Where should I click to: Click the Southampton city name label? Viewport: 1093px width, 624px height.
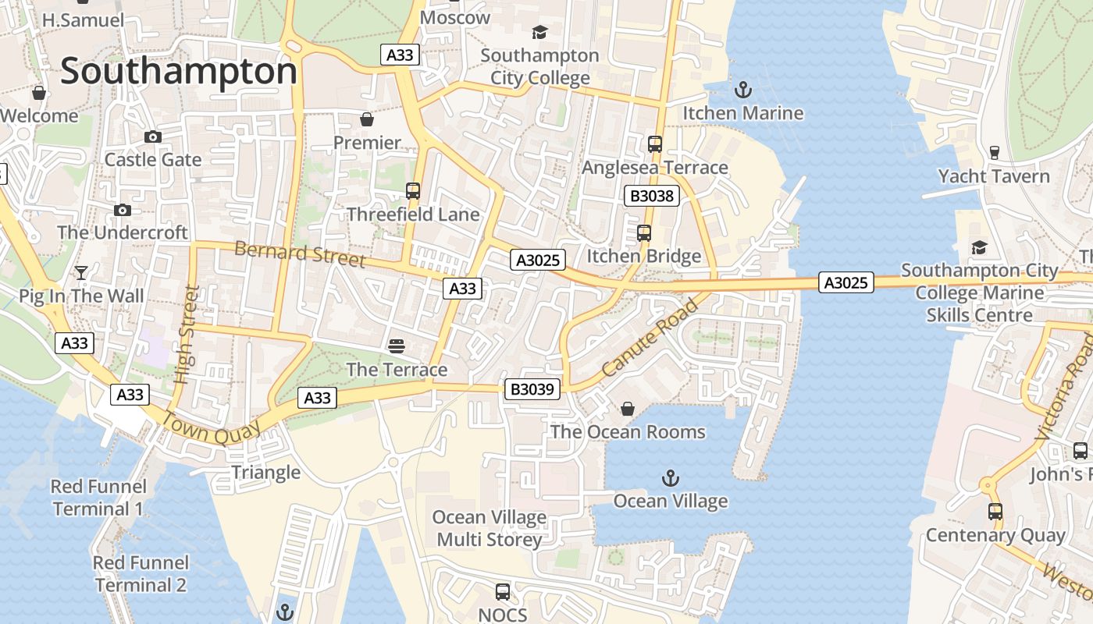pyautogui.click(x=179, y=72)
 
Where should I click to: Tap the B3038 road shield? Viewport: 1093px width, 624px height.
pyautogui.click(x=651, y=196)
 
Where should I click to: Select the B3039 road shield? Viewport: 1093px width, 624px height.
pyautogui.click(x=532, y=389)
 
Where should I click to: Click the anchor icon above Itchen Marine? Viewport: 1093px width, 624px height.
pyautogui.click(x=742, y=90)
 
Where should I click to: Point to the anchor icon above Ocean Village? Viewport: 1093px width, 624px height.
pyautogui.click(x=670, y=477)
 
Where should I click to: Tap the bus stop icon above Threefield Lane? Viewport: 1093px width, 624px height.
pyautogui.click(x=412, y=190)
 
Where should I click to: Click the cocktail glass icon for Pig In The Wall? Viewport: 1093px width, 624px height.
pyautogui.click(x=81, y=272)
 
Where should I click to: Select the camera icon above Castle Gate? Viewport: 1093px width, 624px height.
pyautogui.click(x=153, y=136)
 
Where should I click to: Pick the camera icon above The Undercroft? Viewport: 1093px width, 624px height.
pyautogui.click(x=122, y=210)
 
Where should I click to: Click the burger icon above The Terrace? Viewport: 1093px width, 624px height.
pyautogui.click(x=397, y=346)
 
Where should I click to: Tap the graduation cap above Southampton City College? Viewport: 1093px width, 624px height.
pyautogui.click(x=539, y=32)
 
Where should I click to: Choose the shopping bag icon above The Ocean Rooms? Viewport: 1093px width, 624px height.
pyautogui.click(x=627, y=409)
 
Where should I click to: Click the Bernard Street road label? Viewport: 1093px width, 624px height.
pyautogui.click(x=300, y=254)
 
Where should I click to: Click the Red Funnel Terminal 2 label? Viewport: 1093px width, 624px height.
pyautogui.click(x=141, y=573)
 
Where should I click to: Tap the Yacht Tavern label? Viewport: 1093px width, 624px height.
pyautogui.click(x=994, y=176)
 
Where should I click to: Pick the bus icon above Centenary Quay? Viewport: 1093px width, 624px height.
pyautogui.click(x=995, y=512)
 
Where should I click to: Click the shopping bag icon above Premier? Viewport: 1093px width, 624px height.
pyautogui.click(x=367, y=119)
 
